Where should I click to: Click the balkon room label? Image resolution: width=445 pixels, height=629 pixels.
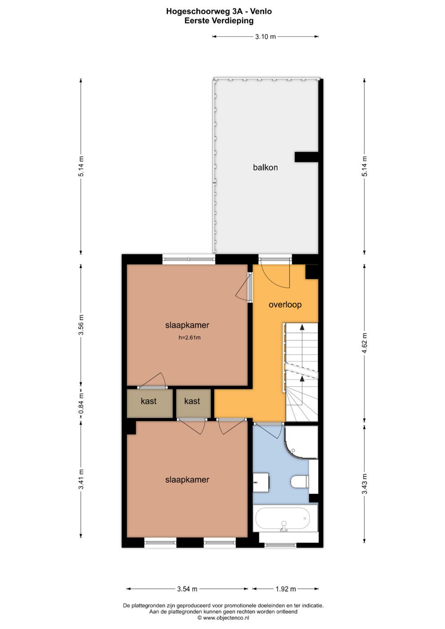pos(265,168)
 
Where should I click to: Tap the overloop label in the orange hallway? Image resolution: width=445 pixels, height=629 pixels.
pos(285,305)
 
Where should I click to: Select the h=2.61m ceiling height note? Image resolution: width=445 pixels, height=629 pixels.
pos(190,337)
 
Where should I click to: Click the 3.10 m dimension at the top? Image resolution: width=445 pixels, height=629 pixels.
pos(265,37)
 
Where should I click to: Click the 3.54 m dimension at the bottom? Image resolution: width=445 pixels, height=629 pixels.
pos(187,589)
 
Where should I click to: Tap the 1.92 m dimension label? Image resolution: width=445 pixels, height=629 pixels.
pos(286,589)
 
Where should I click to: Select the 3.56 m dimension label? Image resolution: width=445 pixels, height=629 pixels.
pos(81,325)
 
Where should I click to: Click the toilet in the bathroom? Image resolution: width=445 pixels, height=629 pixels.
pos(300,482)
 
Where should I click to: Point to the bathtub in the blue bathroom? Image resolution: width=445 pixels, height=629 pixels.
pos(283,516)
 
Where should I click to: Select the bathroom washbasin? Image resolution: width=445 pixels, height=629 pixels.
pos(261,482)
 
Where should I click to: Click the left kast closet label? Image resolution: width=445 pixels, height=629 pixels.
pos(149,401)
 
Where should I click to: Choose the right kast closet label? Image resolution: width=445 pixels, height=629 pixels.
pos(192,401)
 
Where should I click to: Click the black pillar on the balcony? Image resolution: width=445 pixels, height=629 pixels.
pos(306,157)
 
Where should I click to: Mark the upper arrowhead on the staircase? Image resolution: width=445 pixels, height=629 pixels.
pos(302,327)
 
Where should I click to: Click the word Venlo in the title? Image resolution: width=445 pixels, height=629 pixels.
pos(261,11)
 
